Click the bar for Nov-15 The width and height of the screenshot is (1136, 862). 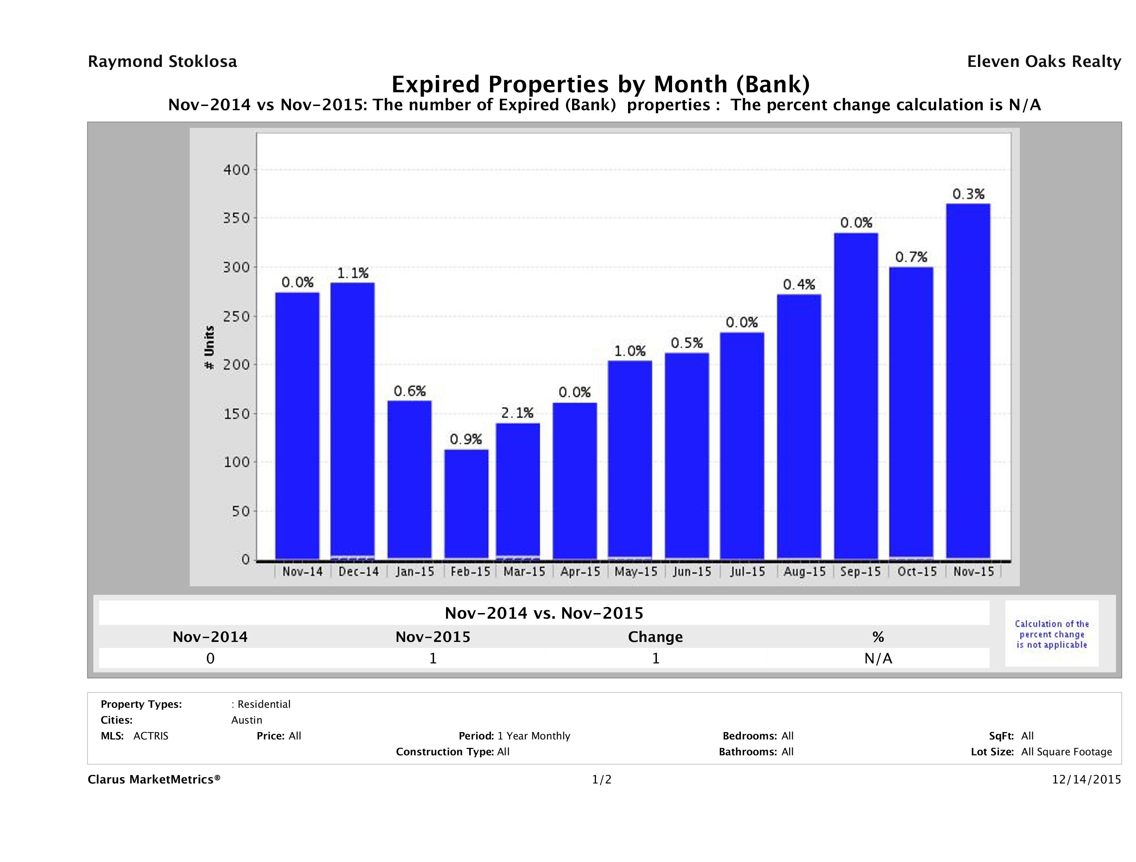[968, 381]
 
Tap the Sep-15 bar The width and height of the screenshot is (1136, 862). [856, 395]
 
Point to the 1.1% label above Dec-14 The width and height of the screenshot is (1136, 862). [353, 273]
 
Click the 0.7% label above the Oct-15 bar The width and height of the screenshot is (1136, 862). [911, 257]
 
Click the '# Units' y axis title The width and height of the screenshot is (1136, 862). [209, 348]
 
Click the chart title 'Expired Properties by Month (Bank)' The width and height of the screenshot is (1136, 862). [600, 84]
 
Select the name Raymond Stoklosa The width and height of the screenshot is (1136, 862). [162, 62]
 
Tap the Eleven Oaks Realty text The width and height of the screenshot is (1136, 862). [1043, 62]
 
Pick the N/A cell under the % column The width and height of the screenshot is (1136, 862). [878, 658]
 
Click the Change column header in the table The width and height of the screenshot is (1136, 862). [655, 637]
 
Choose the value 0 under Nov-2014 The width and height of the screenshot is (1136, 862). [210, 658]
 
